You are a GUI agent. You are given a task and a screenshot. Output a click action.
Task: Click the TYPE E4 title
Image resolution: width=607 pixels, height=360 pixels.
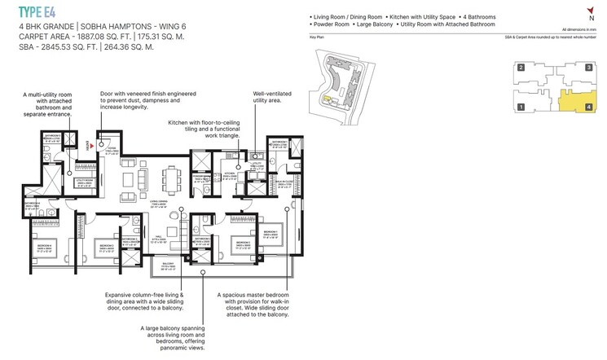coord(37,11)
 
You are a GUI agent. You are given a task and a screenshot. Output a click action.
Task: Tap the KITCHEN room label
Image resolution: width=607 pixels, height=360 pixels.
coord(230,174)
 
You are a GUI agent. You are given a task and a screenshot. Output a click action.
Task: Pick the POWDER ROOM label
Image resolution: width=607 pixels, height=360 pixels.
coord(202,178)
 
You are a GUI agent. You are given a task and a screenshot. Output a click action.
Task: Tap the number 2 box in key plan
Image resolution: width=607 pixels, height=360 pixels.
coord(520,69)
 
